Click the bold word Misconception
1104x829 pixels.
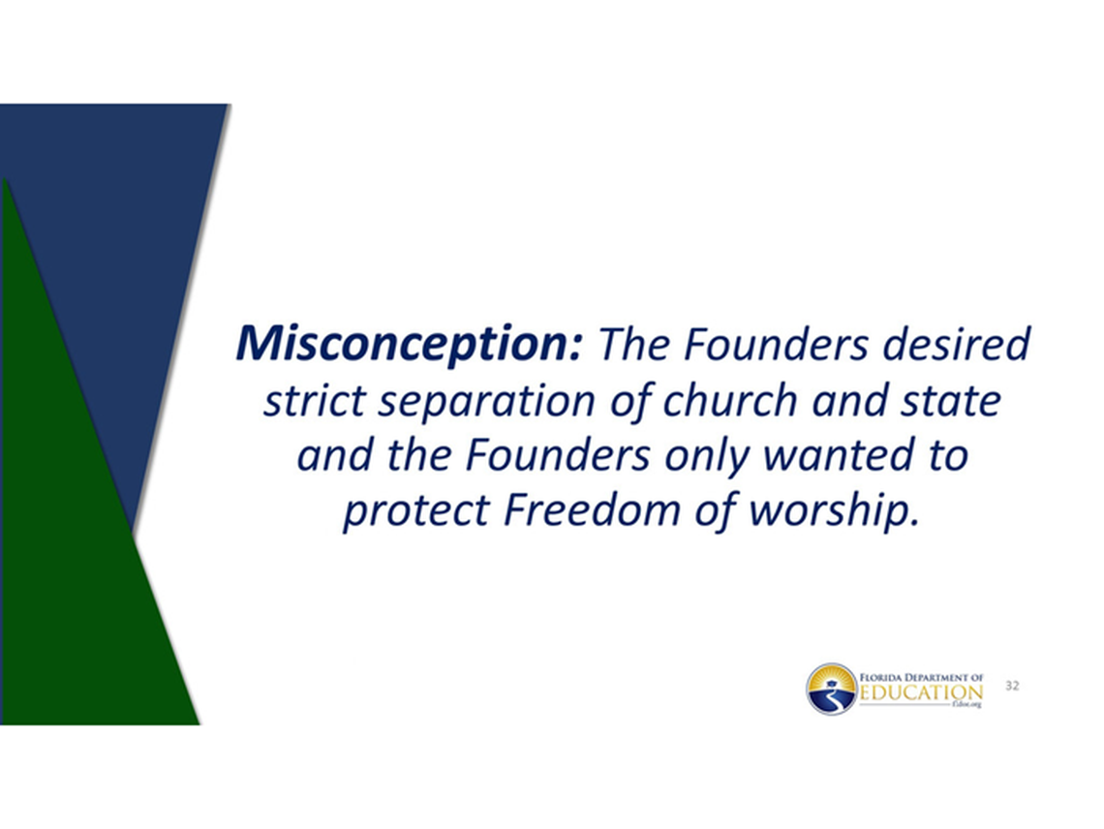(x=408, y=346)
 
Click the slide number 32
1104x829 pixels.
(x=1013, y=686)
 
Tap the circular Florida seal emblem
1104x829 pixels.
(x=831, y=690)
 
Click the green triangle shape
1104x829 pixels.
(x=77, y=581)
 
